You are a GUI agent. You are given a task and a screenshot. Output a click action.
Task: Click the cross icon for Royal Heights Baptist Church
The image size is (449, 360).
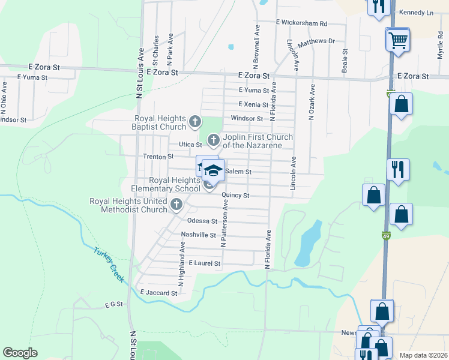[194, 122]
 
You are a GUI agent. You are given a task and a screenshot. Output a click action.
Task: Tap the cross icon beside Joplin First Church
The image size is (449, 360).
[213, 141]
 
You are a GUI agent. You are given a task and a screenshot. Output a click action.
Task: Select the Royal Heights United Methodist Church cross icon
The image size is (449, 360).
[176, 205]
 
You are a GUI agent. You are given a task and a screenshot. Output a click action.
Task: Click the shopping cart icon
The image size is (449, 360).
[397, 41]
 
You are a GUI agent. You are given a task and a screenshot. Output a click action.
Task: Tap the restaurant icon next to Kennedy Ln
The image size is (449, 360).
[378, 7]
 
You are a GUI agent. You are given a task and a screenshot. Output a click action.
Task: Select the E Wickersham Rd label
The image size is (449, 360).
[301, 23]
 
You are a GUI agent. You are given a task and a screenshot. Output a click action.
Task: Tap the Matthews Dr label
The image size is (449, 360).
[316, 41]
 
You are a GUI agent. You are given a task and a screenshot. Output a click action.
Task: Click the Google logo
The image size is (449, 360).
[20, 353]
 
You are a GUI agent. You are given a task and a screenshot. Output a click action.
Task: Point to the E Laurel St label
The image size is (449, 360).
[205, 263]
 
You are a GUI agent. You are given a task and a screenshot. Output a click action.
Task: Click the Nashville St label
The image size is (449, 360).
[198, 235]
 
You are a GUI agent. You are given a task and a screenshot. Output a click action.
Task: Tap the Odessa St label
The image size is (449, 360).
[202, 220]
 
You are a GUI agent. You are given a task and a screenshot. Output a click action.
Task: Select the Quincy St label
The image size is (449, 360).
[235, 196]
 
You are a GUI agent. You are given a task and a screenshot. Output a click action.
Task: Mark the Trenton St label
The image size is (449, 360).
[158, 157]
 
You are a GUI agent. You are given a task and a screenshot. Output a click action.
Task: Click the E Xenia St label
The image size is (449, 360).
[253, 104]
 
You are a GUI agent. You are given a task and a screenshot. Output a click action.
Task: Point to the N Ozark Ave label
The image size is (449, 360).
[312, 101]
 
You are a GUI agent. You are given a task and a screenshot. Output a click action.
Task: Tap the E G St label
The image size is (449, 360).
[113, 304]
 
